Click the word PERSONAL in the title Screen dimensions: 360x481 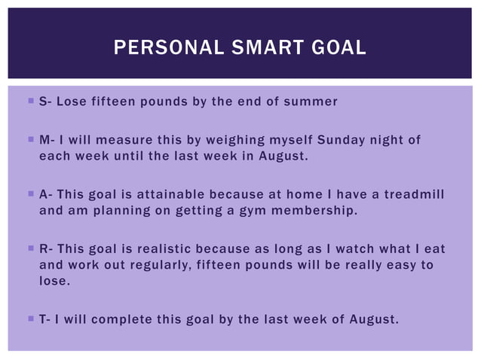pos(160,48)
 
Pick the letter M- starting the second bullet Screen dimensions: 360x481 pos(46,140)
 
